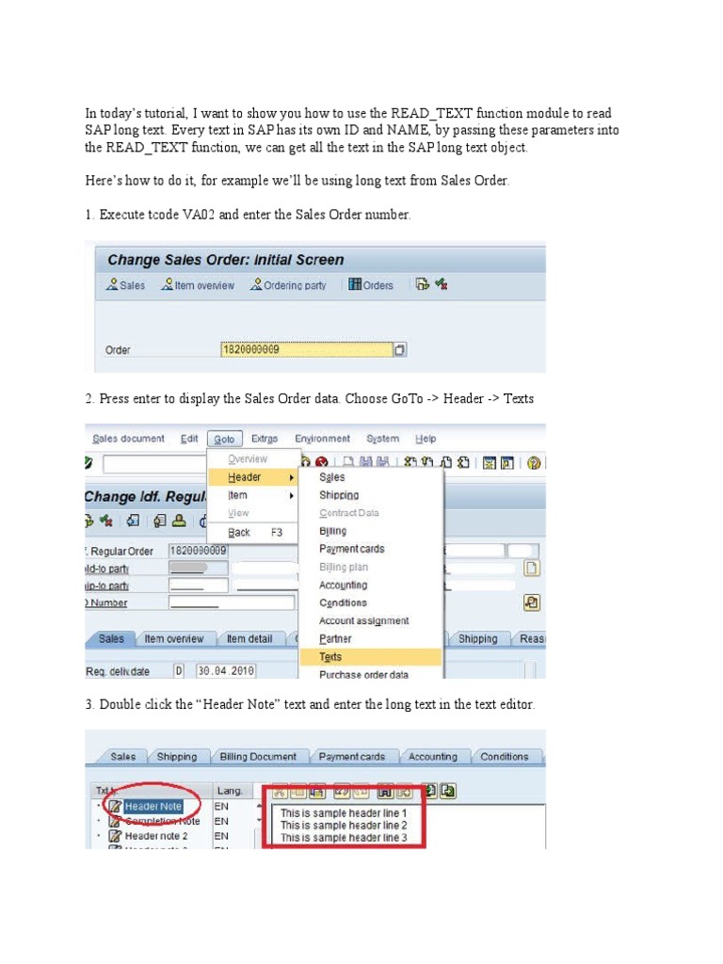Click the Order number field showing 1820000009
(305, 350)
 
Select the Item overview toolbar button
(198, 285)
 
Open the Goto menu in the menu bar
(224, 439)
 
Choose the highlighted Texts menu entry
(331, 657)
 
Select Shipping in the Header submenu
(339, 495)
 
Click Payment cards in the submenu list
(352, 549)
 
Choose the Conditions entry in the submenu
(344, 602)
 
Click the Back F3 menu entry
(241, 532)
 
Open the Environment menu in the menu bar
(322, 439)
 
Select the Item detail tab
(249, 639)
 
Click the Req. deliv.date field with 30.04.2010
(229, 671)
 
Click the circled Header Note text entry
(153, 806)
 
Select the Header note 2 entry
(155, 835)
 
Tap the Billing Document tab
(257, 757)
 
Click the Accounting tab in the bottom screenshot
(432, 757)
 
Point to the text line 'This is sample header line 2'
(344, 825)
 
